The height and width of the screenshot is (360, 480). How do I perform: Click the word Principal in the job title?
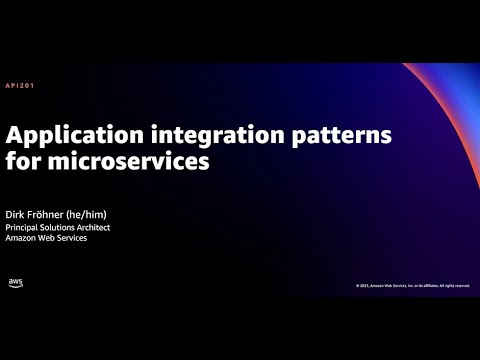pyautogui.click(x=28, y=227)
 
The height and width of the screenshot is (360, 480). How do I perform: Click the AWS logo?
pyautogui.click(x=16, y=284)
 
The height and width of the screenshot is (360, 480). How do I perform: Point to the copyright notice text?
pyautogui.click(x=411, y=286)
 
